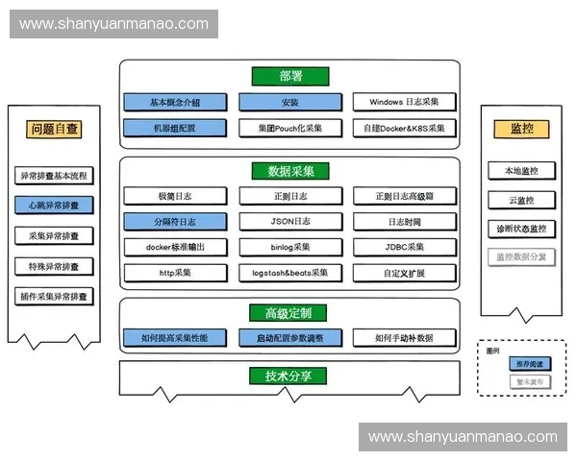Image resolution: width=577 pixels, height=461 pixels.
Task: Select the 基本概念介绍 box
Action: point(174,103)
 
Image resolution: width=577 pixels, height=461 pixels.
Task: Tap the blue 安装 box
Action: point(289,103)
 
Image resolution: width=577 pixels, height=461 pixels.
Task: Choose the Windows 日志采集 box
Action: point(403,103)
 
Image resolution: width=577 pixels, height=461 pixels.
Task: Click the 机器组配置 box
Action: point(174,128)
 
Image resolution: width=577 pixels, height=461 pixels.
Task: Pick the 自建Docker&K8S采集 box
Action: point(403,128)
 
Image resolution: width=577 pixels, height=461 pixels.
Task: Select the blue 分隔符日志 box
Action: point(174,222)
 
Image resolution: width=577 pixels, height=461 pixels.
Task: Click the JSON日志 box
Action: point(289,222)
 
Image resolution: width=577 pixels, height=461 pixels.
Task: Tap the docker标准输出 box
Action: point(174,247)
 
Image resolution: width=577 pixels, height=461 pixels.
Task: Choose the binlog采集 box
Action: point(289,247)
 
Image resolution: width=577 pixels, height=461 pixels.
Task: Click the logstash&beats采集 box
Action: point(289,273)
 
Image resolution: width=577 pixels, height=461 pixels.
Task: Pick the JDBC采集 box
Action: point(403,247)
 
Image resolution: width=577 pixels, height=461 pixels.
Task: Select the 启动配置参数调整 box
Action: point(289,338)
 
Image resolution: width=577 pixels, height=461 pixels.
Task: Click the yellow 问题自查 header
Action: point(54,128)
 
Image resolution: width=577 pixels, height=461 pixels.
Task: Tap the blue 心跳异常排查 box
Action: point(54,205)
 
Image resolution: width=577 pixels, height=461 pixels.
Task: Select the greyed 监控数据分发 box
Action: point(519,257)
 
